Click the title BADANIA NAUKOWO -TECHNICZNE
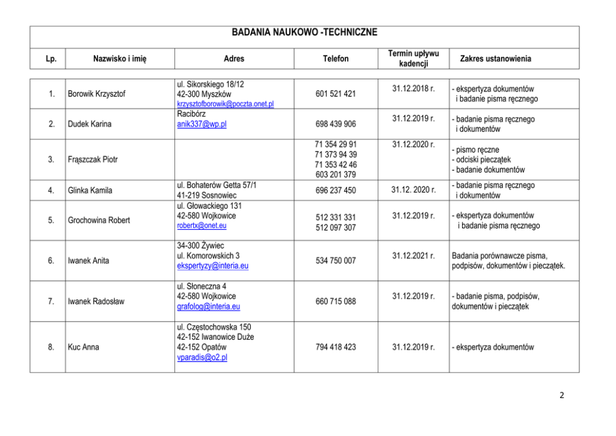pyautogui.click(x=304, y=32)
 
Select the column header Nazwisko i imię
pyautogui.click(x=120, y=59)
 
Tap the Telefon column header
pyautogui.click(x=336, y=59)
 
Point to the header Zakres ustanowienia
pyautogui.click(x=496, y=59)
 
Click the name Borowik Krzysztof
pyautogui.click(x=96, y=94)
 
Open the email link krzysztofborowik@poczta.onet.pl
pyautogui.click(x=225, y=104)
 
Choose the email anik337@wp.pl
pyautogui.click(x=202, y=124)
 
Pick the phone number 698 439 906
pyautogui.click(x=336, y=124)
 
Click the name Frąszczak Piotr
pyautogui.click(x=93, y=160)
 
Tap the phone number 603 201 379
pyautogui.click(x=336, y=175)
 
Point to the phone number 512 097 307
pyautogui.click(x=336, y=227)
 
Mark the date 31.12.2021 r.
pyautogui.click(x=414, y=256)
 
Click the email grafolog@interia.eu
pyautogui.click(x=209, y=306)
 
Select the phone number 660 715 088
pyautogui.click(x=336, y=302)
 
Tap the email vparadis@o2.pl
pyautogui.click(x=202, y=358)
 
